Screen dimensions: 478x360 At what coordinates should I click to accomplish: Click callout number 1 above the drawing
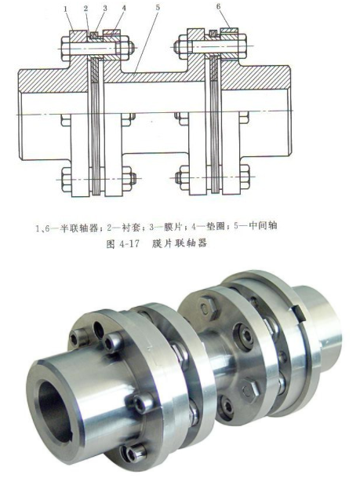click(x=68, y=9)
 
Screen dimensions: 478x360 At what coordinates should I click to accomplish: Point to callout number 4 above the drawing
click(x=122, y=9)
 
